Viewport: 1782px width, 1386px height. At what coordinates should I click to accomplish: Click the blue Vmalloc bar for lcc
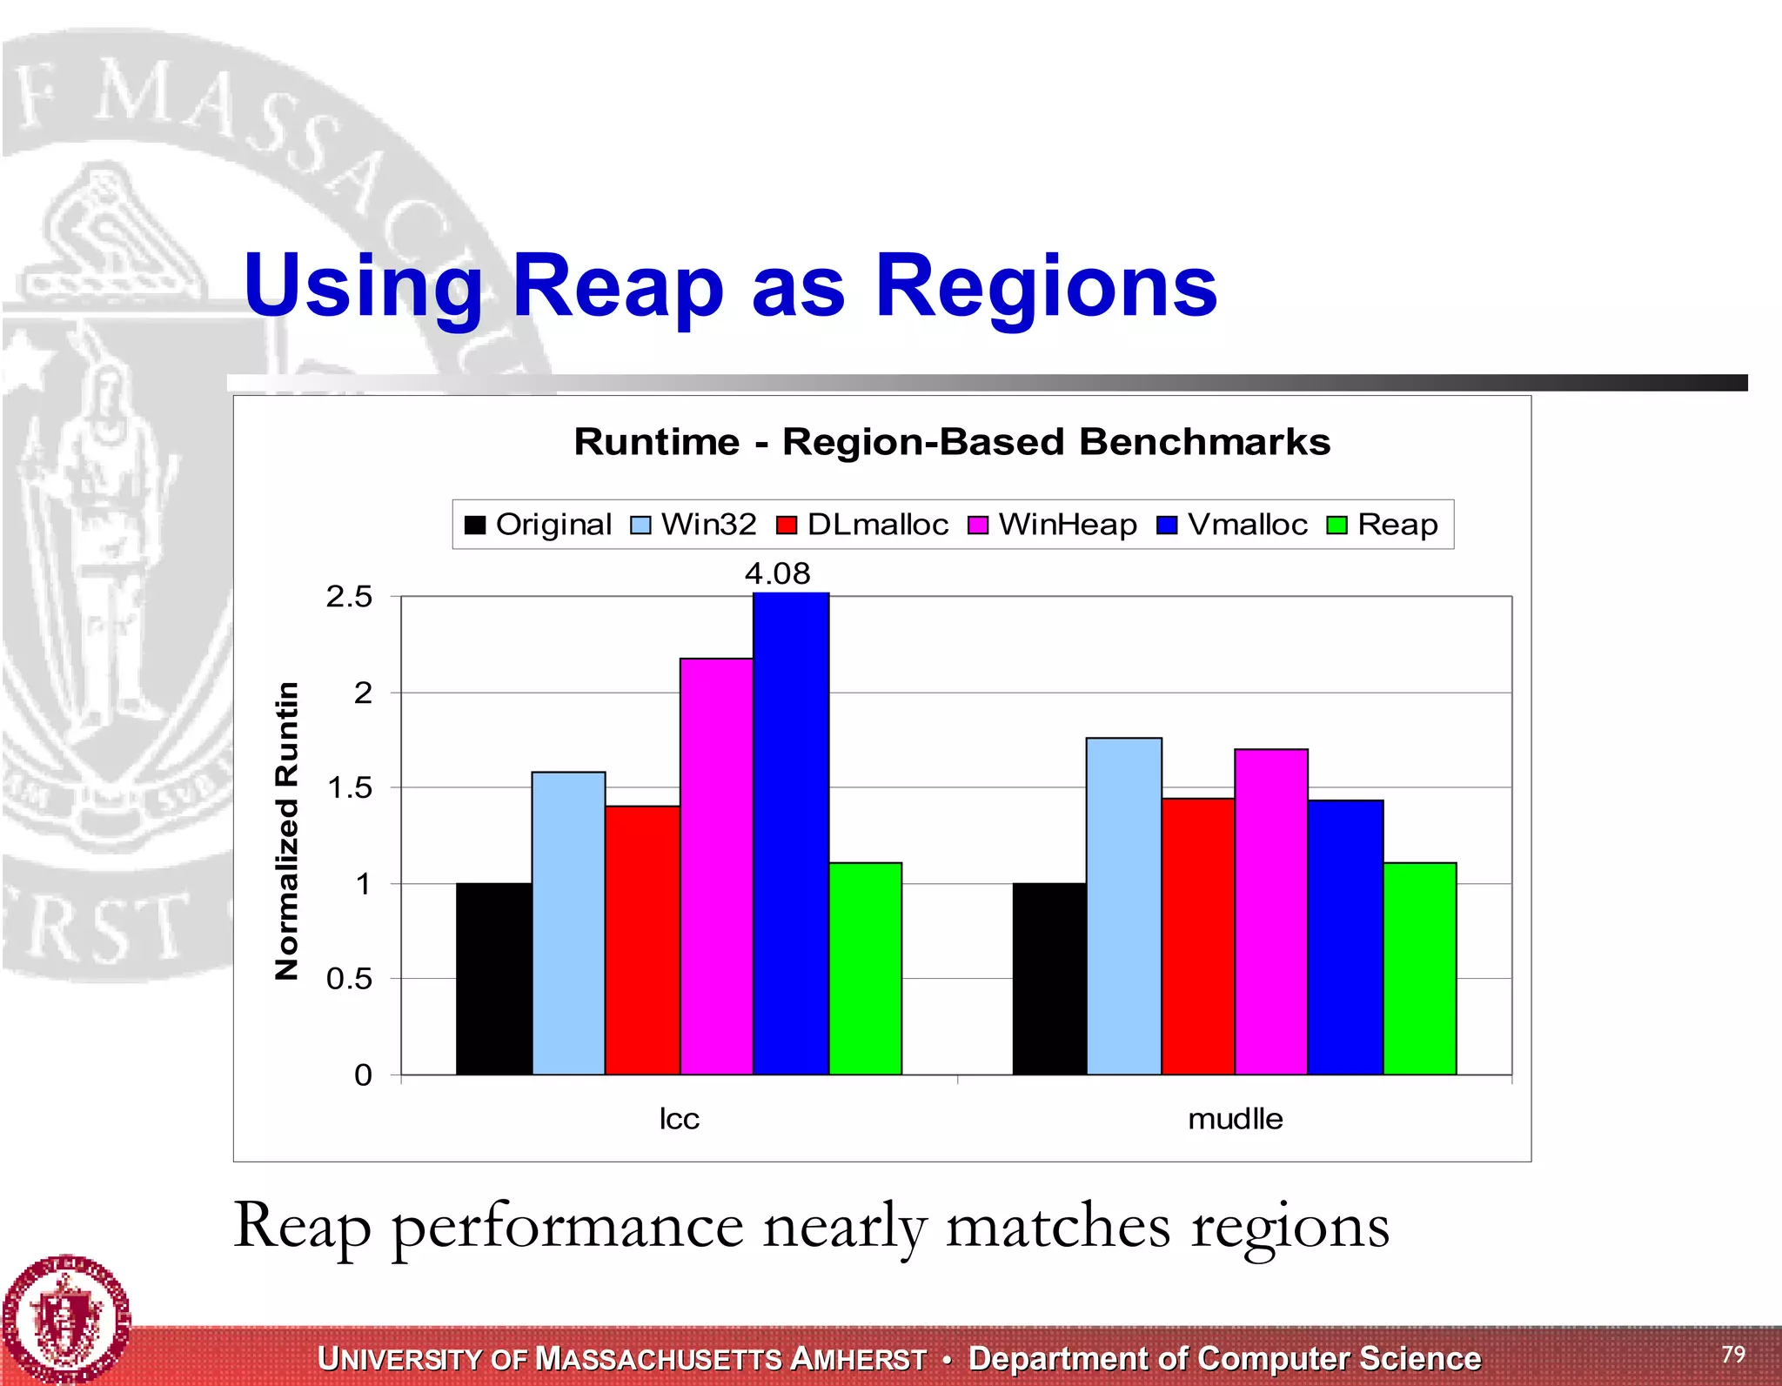coord(790,834)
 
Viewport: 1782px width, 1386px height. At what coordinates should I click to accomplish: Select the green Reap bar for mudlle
coord(1419,968)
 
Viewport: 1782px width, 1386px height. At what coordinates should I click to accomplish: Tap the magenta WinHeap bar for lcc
coord(716,867)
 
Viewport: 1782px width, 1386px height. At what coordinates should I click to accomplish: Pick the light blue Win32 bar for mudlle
coord(1123,906)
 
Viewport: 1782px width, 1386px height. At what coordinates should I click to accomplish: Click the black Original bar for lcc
coord(493,979)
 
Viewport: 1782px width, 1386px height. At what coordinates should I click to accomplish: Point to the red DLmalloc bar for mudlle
coord(1197,936)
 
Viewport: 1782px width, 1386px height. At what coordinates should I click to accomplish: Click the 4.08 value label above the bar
coord(777,573)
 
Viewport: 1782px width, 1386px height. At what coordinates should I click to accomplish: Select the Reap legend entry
coord(1383,525)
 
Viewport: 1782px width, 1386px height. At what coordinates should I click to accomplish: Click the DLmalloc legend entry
coord(862,525)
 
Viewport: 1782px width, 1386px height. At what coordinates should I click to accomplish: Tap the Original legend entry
coord(539,525)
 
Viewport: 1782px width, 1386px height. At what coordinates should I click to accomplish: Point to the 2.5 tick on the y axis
coord(349,597)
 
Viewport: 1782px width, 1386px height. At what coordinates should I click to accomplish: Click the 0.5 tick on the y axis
coord(349,979)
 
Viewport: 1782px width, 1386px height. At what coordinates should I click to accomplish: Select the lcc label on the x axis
coord(679,1118)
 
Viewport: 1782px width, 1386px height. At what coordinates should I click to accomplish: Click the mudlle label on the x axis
coord(1235,1118)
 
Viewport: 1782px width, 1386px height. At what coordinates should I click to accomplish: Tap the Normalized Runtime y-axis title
coord(286,831)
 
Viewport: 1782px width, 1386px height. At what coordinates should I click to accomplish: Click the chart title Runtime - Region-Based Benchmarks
coord(952,442)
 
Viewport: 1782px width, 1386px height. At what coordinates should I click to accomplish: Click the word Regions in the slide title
coord(1045,285)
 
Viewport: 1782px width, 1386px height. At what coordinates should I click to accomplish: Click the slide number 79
coord(1732,1354)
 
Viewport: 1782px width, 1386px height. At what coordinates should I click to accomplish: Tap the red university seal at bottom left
coord(65,1319)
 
